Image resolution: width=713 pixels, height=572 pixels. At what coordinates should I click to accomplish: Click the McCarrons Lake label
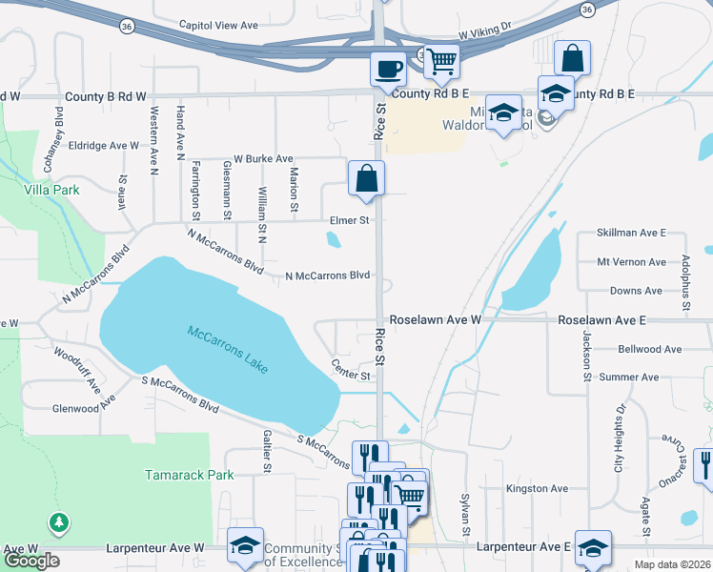228,350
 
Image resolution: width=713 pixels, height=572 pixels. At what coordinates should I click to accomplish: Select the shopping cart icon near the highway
441,62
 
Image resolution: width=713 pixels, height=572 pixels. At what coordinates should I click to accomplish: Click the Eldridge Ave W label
103,146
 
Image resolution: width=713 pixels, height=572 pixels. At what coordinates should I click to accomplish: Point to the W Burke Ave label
263,158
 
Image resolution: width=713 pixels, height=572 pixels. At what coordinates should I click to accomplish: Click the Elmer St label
349,220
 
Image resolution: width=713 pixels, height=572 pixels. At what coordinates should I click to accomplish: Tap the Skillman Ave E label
630,233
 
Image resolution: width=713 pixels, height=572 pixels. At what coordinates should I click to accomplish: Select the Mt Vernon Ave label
631,261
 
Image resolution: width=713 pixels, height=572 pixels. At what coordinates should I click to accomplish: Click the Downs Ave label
636,291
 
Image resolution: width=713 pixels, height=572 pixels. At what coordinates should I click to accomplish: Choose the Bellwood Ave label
652,349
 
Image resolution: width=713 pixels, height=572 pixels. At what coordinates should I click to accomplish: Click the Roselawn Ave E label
602,320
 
